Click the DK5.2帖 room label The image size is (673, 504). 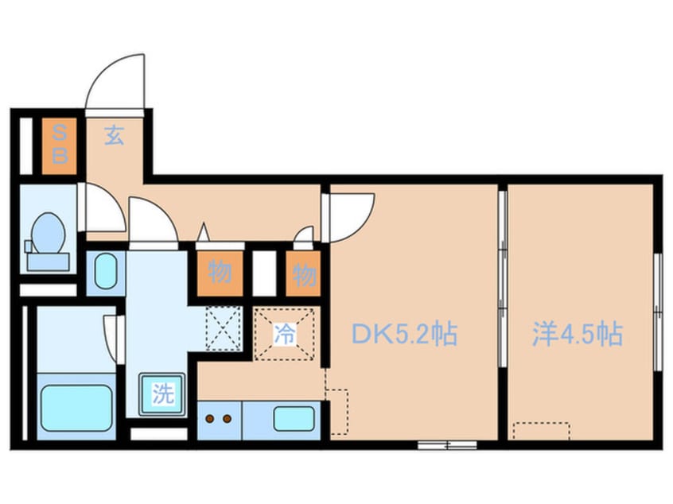405,335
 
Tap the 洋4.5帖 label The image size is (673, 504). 578,335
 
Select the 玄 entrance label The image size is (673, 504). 115,137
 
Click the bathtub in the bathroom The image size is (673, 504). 76,407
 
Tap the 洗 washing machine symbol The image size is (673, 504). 162,394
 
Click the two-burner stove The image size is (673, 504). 218,417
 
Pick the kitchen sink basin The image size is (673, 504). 293,417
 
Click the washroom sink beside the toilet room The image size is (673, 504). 104,273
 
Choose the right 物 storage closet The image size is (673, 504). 304,275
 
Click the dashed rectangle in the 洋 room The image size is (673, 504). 541,431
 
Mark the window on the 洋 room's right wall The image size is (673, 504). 657,311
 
